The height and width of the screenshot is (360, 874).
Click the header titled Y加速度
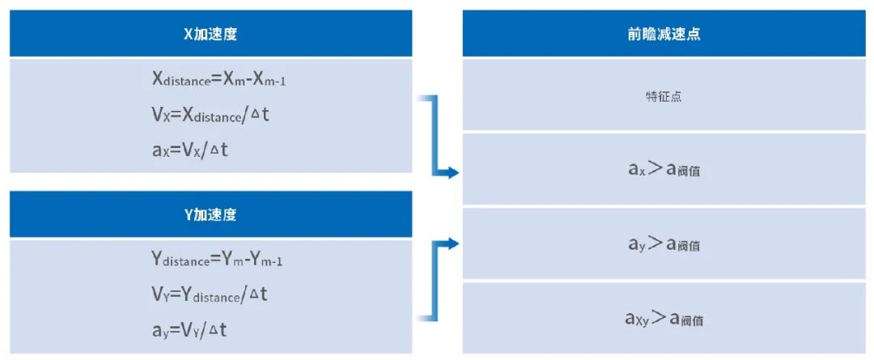(210, 214)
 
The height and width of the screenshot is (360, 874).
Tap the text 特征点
(663, 96)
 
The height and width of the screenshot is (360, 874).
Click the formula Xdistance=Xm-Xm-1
(219, 80)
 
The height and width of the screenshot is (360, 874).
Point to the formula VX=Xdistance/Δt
(210, 116)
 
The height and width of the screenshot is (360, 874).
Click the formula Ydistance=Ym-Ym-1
(217, 259)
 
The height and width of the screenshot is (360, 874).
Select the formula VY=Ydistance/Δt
(210, 294)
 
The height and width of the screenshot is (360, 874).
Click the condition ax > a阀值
(664, 169)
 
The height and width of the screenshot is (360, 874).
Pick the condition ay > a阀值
(664, 244)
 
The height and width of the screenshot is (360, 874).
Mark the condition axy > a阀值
(664, 319)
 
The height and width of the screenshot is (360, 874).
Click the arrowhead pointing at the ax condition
(452, 173)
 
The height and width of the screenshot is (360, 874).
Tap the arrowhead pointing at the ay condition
(452, 244)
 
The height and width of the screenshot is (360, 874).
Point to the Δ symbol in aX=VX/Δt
(212, 151)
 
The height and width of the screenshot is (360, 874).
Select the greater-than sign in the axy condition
(660, 318)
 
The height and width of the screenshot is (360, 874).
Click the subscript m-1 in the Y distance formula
(272, 262)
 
